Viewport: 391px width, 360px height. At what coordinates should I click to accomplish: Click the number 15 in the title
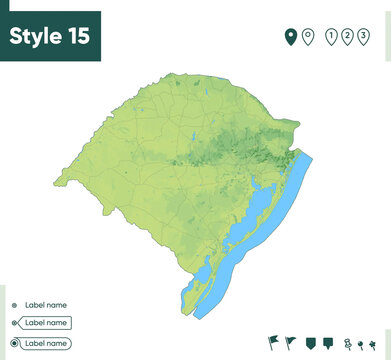coord(78,36)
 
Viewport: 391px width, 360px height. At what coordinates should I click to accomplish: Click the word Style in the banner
coord(35,36)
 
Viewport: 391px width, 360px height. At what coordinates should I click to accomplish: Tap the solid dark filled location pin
coord(291,38)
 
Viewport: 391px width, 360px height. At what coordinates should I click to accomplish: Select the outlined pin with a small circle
coord(308,38)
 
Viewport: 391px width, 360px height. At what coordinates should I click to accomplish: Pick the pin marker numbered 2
coord(347,38)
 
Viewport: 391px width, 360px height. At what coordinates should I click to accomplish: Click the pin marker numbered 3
coord(363,38)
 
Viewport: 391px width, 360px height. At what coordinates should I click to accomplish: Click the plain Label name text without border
coord(45,305)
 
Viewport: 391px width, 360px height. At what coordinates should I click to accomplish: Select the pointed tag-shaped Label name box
coord(46,323)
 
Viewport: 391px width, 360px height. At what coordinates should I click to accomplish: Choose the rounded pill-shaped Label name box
coord(46,343)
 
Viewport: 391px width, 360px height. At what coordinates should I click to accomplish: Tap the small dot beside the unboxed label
coord(14,305)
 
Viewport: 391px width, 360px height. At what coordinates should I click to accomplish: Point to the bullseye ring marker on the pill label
coord(14,343)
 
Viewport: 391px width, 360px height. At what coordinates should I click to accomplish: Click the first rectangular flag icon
coord(274,343)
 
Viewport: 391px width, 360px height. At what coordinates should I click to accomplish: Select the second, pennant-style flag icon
coord(291,343)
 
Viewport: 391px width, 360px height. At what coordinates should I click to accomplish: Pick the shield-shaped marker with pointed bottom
coord(311,343)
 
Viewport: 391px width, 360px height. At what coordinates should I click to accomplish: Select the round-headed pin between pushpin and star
coord(361,344)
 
